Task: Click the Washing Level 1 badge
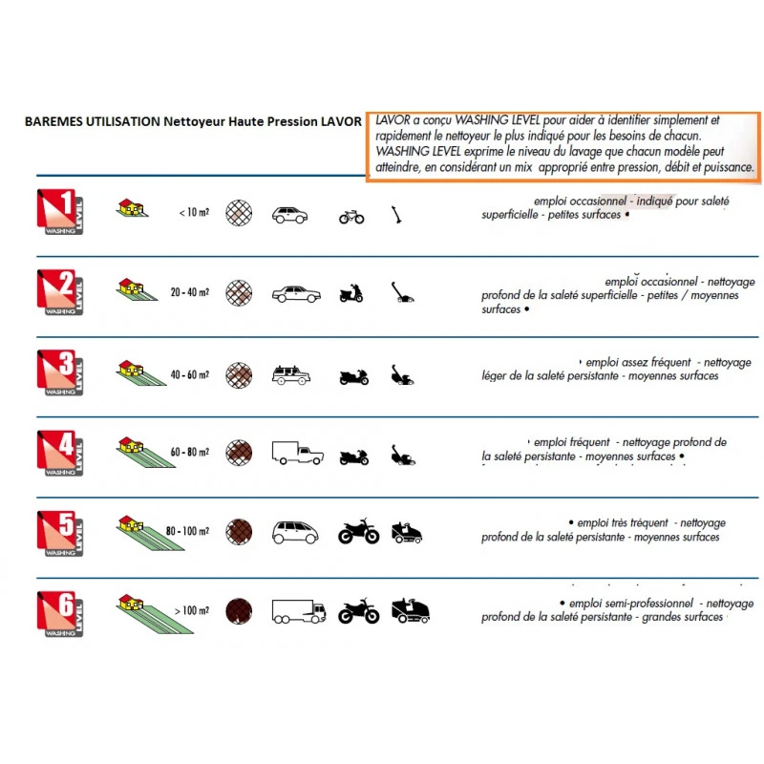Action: point(60,212)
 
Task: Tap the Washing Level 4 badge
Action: point(60,453)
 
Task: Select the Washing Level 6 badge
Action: point(60,614)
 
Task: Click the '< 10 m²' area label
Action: point(194,212)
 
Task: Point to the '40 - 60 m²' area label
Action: point(189,374)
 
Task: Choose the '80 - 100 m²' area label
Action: point(187,531)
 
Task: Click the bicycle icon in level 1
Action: point(351,217)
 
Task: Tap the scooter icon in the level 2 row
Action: point(351,293)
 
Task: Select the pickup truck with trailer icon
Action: point(297,453)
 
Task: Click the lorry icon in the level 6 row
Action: point(299,611)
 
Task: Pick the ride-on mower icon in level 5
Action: point(407,533)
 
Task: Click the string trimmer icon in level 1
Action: point(396,215)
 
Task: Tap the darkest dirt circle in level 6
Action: point(239,611)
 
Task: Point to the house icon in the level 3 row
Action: point(130,369)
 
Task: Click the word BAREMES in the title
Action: point(53,121)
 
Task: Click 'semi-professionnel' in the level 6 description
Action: point(631,604)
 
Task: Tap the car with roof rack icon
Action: point(291,374)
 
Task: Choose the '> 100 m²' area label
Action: point(192,610)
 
